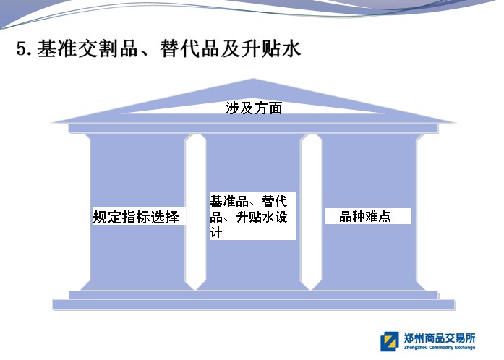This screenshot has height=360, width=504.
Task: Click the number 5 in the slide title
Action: [21, 49]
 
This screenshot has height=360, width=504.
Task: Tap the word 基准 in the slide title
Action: [57, 49]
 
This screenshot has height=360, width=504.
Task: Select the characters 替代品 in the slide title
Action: [189, 49]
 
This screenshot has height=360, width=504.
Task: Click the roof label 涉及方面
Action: [254, 108]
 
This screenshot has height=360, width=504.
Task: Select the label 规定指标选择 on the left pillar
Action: [136, 217]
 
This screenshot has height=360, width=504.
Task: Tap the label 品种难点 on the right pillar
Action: [365, 216]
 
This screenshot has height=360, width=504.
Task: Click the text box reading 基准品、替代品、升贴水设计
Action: [252, 216]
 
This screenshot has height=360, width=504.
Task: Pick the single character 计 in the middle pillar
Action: [215, 232]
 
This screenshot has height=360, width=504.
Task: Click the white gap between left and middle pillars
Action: [195, 212]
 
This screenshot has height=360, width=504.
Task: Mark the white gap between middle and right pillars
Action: [311, 212]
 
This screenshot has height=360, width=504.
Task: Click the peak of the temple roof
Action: [253, 79]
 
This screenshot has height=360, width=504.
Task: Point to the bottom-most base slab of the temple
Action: [254, 305]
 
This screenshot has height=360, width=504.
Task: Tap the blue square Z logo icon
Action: [390, 341]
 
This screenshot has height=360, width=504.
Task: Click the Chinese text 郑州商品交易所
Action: [440, 338]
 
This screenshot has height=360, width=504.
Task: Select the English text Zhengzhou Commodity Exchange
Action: [440, 348]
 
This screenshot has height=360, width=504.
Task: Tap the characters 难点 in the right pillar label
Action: [378, 216]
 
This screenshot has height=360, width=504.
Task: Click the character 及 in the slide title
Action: [231, 49]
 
